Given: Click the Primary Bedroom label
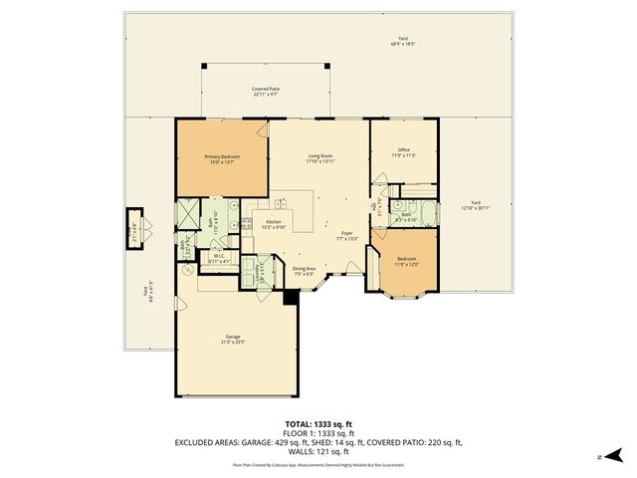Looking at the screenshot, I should point(222,159).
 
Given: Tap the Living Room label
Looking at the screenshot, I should point(319,159).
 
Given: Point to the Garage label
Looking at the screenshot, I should point(232,340).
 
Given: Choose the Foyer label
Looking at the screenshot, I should point(347,236).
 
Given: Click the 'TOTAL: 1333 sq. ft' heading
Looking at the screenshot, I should point(318,423).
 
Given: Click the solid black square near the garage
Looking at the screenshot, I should point(290,297).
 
